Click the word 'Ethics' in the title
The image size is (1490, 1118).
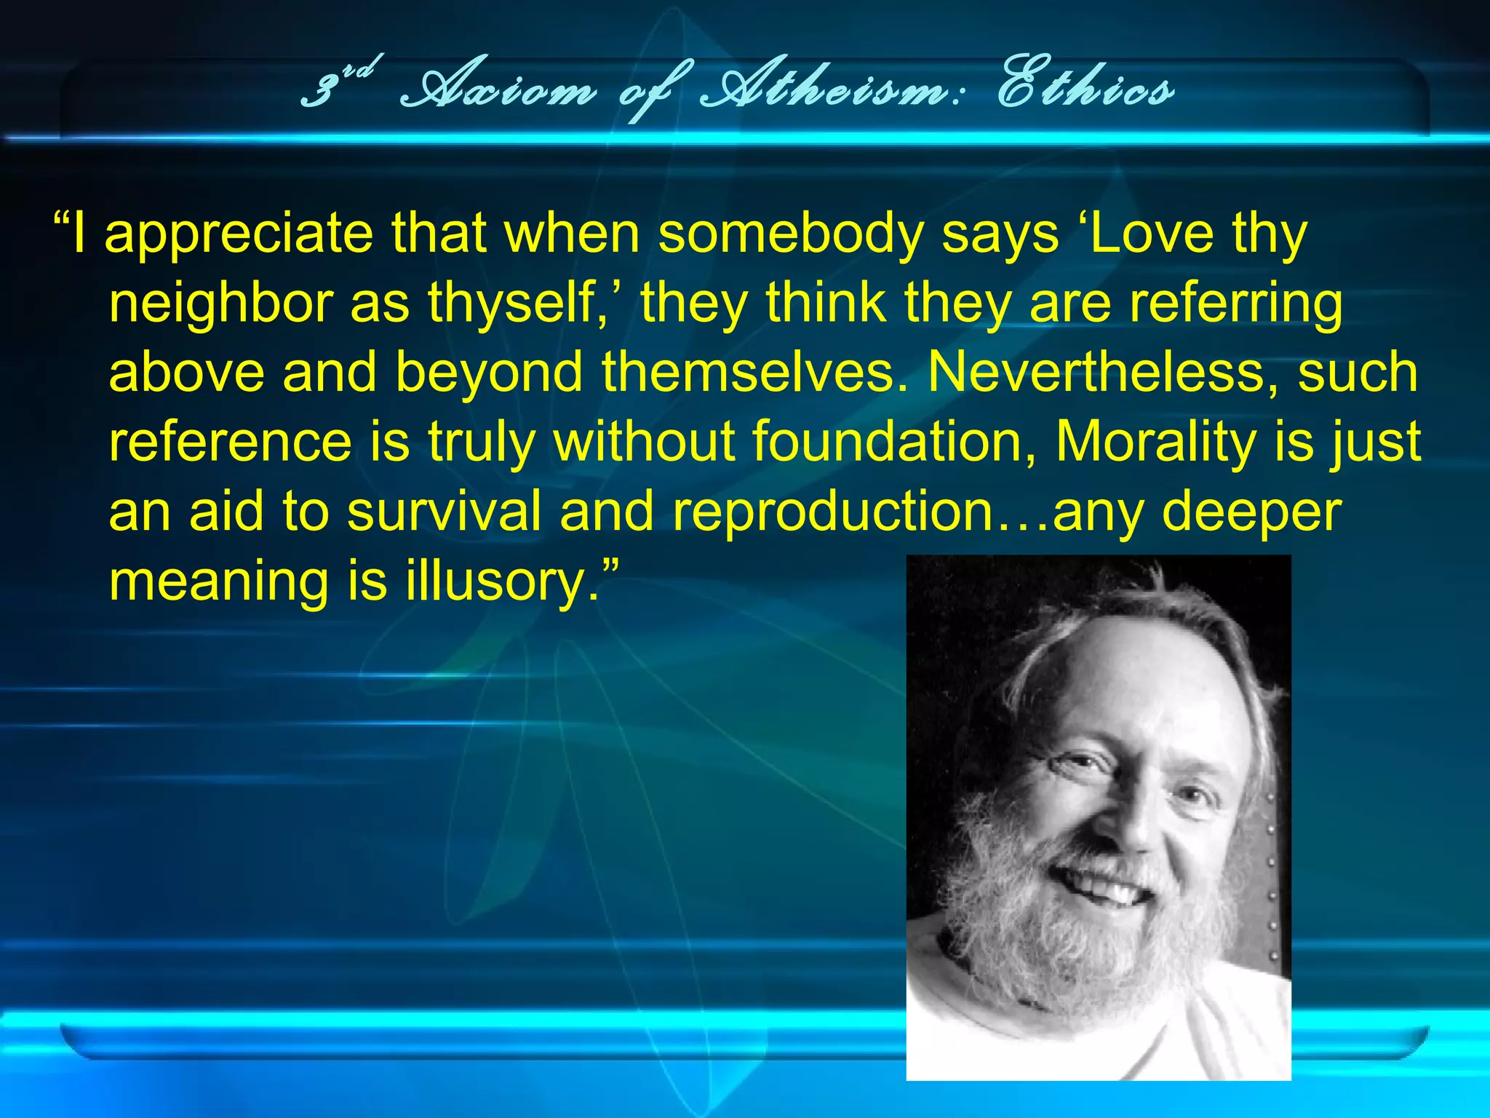point(1085,90)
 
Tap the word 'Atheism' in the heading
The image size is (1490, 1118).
point(822,92)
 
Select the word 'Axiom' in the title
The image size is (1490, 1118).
point(499,92)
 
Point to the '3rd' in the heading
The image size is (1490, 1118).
point(338,84)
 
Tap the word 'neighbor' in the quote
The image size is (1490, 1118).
point(221,304)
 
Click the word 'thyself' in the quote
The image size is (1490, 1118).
point(512,304)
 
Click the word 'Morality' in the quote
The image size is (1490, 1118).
point(1155,441)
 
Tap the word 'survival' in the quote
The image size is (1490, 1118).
point(444,511)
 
